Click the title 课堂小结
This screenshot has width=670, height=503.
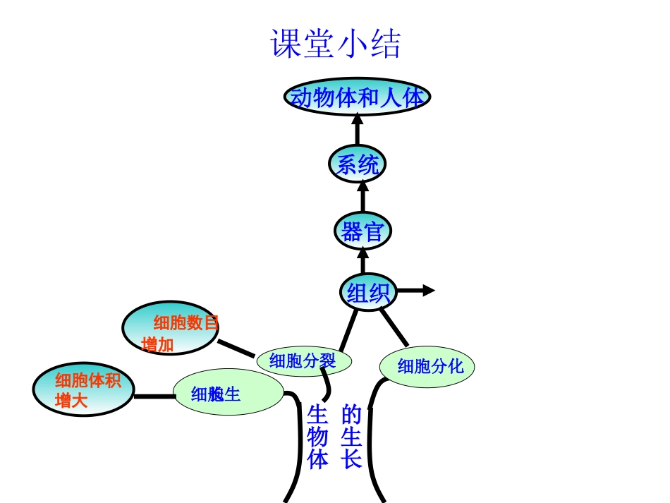(x=336, y=44)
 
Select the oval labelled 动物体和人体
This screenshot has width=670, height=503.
(x=358, y=97)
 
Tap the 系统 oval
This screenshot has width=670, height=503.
(x=357, y=164)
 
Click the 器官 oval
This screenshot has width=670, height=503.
(x=363, y=231)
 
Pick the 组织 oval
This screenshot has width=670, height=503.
(x=368, y=291)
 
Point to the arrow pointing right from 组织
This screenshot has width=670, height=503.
(x=418, y=291)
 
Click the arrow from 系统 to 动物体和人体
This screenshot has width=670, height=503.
(x=357, y=131)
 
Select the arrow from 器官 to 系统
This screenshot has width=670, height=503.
(x=363, y=197)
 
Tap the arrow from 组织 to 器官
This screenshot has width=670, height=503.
(x=363, y=260)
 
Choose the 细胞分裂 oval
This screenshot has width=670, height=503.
(x=303, y=361)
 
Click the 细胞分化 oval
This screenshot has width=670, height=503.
(x=427, y=366)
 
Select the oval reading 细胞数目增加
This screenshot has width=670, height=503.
(x=171, y=329)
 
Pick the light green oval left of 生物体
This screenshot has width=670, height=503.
(x=228, y=394)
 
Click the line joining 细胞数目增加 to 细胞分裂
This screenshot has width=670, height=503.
(x=236, y=349)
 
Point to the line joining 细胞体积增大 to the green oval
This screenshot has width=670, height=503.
(x=154, y=396)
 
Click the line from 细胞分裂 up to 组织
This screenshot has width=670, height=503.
(x=348, y=330)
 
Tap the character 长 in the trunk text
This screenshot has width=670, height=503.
(x=351, y=460)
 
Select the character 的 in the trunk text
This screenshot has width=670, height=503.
(x=351, y=413)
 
